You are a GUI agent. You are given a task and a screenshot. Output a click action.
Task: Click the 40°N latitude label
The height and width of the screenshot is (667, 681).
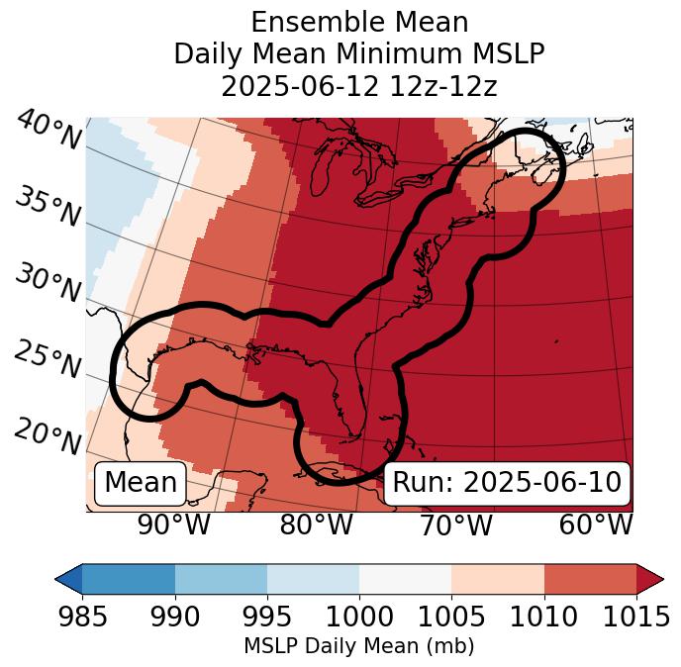(x=48, y=131)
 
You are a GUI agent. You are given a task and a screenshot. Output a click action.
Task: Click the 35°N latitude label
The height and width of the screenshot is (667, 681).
(x=48, y=208)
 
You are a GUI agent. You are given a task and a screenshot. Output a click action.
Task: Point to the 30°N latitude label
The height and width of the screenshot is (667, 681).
(x=48, y=285)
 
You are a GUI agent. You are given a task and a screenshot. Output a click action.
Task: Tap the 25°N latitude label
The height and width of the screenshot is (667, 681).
(x=48, y=360)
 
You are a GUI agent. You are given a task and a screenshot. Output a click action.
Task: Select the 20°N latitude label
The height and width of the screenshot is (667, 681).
(x=48, y=436)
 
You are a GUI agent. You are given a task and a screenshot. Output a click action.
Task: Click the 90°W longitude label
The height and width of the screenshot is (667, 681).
(x=174, y=524)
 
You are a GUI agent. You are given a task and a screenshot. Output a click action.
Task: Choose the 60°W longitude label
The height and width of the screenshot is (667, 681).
(x=596, y=524)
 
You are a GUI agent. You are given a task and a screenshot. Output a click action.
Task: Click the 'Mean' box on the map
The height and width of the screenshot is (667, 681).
(x=141, y=483)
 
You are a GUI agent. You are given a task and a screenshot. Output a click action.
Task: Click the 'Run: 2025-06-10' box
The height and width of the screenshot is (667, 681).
(x=507, y=483)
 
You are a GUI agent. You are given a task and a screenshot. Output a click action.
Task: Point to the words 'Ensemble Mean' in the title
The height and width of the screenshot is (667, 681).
(x=359, y=23)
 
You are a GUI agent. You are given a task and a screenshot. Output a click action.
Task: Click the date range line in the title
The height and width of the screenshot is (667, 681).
(x=359, y=86)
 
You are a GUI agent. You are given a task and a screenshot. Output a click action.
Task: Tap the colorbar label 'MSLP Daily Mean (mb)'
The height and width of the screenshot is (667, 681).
(x=359, y=647)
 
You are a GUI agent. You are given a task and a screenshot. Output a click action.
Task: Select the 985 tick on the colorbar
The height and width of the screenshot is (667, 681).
(x=82, y=617)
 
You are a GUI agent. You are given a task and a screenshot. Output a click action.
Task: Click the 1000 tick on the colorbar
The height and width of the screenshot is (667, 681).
(x=359, y=617)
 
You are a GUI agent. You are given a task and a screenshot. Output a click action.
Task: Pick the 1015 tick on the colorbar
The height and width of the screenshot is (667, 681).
(x=636, y=617)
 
